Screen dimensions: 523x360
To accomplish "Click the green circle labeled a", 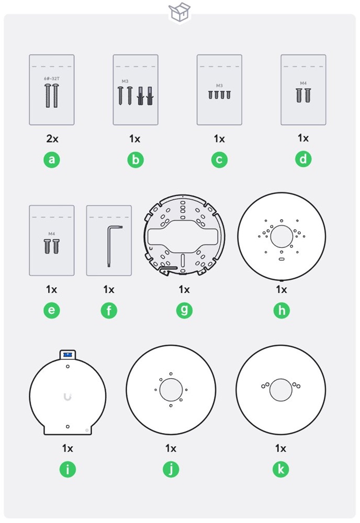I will coord(51,160).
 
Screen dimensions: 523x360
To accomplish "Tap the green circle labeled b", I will coord(135,160).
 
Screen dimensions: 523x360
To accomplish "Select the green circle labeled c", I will coord(219,160).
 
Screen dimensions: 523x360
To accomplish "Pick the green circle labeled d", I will coord(303,159).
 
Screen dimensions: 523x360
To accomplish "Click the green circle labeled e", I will coord(51,310).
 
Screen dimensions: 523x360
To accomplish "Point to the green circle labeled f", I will coord(109,310).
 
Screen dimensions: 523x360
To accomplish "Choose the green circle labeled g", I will coord(184,310).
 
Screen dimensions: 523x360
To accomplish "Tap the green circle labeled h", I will coord(282,310).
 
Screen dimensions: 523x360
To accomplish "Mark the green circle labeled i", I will coord(67,469).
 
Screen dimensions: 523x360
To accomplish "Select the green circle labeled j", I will coord(171,469).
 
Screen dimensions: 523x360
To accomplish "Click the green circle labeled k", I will coord(280,469).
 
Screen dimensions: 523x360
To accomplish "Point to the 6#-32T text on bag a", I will coord(51,78).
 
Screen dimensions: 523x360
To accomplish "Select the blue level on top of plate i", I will coord(67,355).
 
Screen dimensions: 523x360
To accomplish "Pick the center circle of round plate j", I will coord(171,390).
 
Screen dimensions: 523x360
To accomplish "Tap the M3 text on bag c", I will coord(219,85).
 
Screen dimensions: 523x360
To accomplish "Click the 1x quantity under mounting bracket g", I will coord(184,289).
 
